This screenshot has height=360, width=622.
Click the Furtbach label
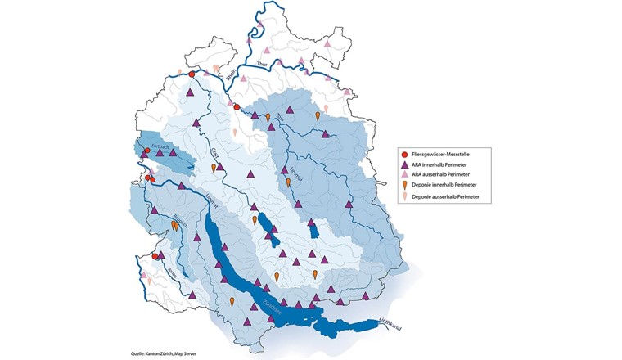pos(159,148)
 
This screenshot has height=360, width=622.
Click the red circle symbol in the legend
pos(404,154)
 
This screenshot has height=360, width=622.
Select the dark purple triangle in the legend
pos(404,164)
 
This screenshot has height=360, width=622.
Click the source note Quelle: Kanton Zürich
pos(165,353)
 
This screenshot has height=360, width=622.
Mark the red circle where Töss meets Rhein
pos(237,106)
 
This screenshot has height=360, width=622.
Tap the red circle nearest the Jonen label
pos(155,255)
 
